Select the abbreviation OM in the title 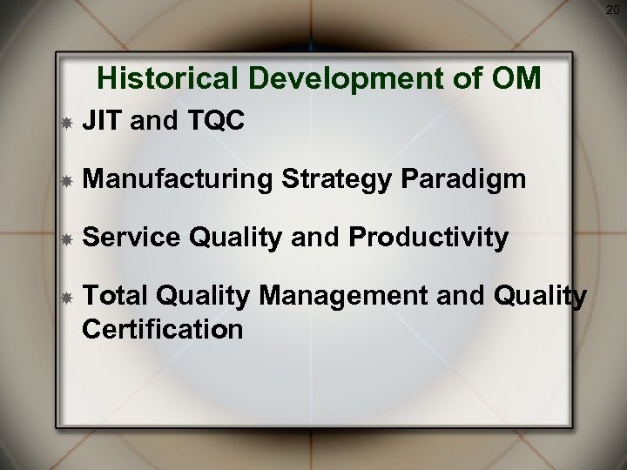point(516,79)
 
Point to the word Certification point(162,329)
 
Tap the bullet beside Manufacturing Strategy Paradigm point(65,183)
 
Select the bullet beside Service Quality point(65,238)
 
